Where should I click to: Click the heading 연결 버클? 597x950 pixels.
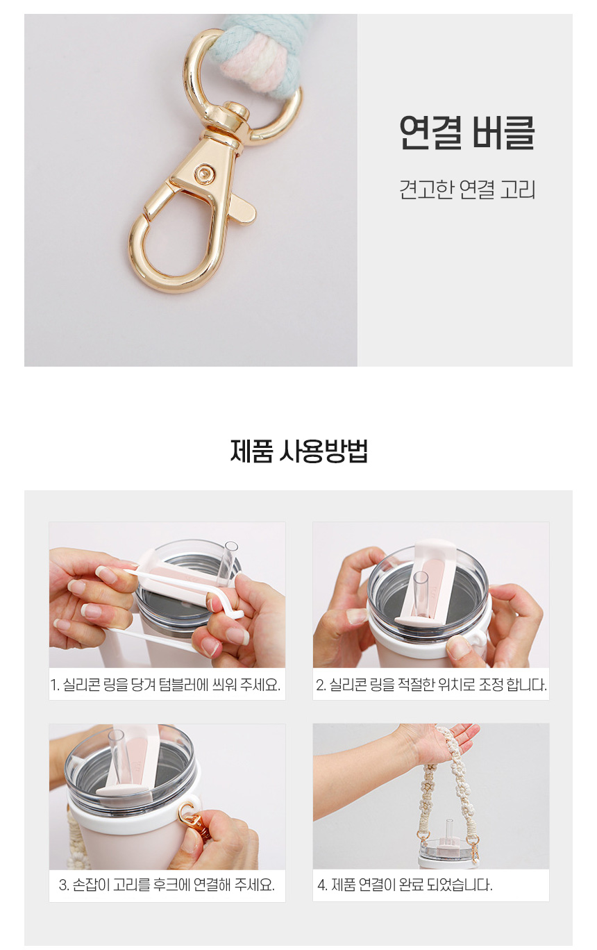pos(466,132)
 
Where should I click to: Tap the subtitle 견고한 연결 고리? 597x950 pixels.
pos(466,190)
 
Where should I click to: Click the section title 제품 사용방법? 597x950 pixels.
pos(298,451)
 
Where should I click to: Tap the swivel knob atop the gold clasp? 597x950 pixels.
pos(233,112)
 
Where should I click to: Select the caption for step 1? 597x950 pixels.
pos(165,685)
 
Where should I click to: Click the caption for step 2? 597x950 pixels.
pos(431,685)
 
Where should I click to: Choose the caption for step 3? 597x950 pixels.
pos(167,885)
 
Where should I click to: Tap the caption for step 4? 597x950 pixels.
pos(405,885)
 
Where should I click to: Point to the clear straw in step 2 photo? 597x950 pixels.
pos(421,594)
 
